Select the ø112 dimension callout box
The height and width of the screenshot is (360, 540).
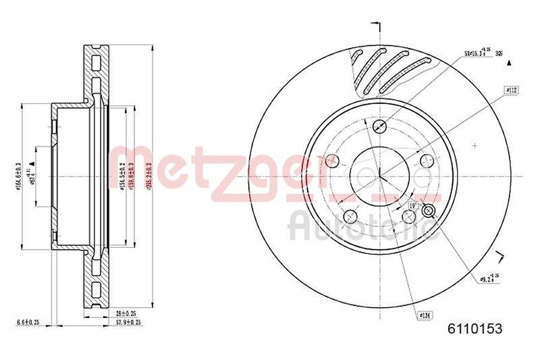(510, 89)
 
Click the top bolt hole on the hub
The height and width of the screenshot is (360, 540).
(379, 126)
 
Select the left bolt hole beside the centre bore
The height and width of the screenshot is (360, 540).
(331, 161)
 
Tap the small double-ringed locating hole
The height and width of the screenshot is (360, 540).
(427, 212)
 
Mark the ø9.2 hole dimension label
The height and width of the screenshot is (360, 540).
(490, 278)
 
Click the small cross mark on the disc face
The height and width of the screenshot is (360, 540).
(475, 145)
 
